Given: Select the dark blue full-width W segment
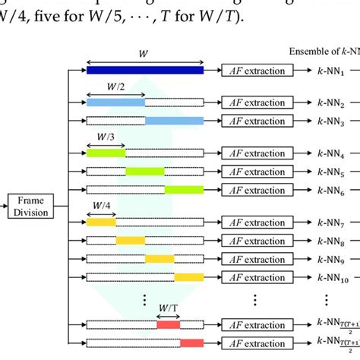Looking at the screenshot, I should click(x=145, y=71).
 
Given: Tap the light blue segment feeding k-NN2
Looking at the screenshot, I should click(x=115, y=101).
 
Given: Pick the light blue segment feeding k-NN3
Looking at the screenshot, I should click(x=174, y=120).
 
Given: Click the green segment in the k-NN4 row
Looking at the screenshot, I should click(x=106, y=153).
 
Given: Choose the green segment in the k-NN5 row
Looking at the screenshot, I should click(x=145, y=171).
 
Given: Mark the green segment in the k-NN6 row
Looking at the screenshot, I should click(x=184, y=190).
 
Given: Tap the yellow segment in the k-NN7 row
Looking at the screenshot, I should click(x=101, y=222).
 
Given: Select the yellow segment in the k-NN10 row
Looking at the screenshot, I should click(x=189, y=277).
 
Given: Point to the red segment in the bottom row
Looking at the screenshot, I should click(x=191, y=343).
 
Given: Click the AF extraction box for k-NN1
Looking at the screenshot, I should click(x=257, y=71).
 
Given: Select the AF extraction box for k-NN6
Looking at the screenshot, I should click(x=257, y=190).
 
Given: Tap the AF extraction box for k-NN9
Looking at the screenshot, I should click(x=257, y=259).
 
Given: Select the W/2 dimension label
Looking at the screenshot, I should click(x=115, y=87).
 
